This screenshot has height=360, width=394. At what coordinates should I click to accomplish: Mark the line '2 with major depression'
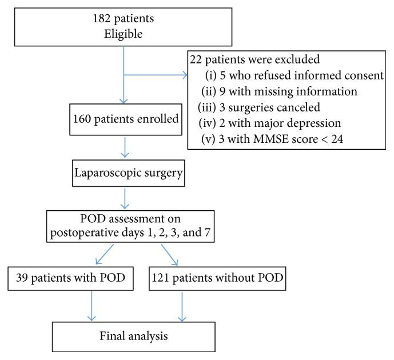[272, 122]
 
